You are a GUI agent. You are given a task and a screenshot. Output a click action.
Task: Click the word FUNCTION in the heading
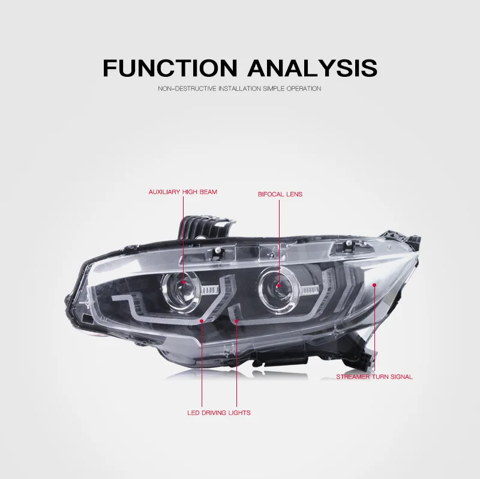[170, 67]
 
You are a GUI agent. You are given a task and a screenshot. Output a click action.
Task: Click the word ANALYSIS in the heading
[312, 67]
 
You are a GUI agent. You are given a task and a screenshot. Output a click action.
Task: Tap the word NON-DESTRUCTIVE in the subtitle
[187, 88]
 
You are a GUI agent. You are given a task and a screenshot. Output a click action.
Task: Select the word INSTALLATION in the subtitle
[239, 88]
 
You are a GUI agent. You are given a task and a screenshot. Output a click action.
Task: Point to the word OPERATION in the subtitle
[304, 88]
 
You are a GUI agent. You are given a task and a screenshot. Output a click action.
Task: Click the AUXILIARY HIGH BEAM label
[183, 192]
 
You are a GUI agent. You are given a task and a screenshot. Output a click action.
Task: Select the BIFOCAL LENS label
[280, 194]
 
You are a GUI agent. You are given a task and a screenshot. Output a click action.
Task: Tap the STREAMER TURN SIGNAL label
[374, 377]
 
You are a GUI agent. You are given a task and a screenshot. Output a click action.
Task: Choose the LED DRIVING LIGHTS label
[219, 413]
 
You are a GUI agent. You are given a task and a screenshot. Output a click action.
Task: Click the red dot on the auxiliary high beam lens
[184, 282]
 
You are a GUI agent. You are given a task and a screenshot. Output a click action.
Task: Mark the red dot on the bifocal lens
[279, 286]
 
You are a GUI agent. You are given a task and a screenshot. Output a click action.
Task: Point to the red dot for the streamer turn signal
[374, 285]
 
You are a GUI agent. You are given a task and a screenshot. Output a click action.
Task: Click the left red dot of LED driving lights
[202, 321]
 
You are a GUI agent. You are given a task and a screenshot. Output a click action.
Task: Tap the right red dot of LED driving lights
[236, 321]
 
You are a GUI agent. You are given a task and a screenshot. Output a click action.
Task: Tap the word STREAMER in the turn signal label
[353, 377]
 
